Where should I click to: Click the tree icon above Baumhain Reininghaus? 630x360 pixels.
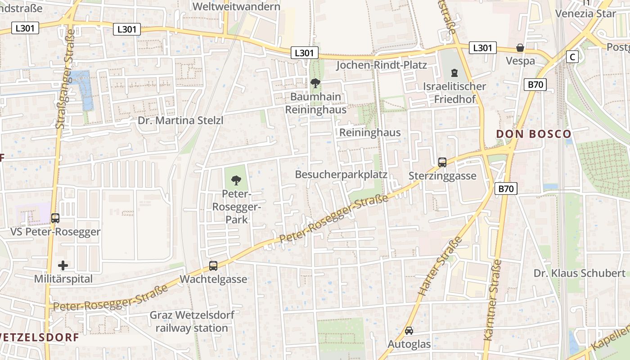tap(315, 83)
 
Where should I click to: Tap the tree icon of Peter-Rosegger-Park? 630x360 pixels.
tap(235, 181)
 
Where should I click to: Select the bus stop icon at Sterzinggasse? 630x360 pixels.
tap(442, 162)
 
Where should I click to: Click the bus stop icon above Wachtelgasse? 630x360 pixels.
tap(213, 266)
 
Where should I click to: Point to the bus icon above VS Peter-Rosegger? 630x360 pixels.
tap(55, 218)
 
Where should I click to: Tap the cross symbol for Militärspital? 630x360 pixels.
tap(63, 265)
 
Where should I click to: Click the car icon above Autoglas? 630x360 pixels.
tap(409, 331)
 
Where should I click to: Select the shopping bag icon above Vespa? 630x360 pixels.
tap(520, 48)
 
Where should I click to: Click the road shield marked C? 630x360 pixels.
tap(572, 57)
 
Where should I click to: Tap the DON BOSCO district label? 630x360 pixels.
tap(534, 134)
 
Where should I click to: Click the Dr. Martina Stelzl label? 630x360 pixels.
tap(180, 121)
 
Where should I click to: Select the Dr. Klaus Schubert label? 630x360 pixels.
tap(580, 273)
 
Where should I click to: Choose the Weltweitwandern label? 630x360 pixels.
tap(236, 7)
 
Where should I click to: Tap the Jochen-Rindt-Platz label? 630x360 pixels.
tap(382, 65)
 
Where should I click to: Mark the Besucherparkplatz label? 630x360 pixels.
tap(341, 175)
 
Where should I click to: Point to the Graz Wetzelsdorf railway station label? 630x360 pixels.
tap(192, 321)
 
